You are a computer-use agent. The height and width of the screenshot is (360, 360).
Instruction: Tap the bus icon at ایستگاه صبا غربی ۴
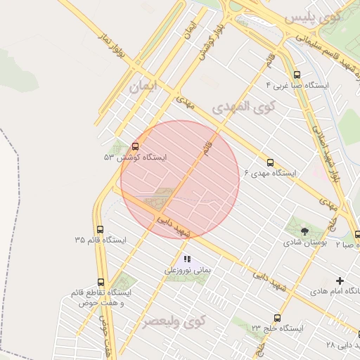click(x=297, y=75)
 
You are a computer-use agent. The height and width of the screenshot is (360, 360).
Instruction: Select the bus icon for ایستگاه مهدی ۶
click(x=271, y=162)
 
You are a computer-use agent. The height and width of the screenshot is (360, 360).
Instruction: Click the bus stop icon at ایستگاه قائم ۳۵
click(x=99, y=229)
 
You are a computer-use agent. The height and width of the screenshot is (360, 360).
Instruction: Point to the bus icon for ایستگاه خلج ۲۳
click(x=277, y=318)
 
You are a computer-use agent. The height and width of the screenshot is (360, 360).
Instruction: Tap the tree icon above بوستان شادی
click(x=304, y=230)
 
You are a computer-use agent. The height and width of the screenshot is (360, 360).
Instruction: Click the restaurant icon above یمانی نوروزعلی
click(x=187, y=259)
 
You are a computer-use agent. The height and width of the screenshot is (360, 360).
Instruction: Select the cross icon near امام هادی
click(x=341, y=280)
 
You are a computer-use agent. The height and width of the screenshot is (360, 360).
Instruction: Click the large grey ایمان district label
click(x=144, y=85)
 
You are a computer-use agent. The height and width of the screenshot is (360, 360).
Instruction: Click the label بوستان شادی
click(x=304, y=242)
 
